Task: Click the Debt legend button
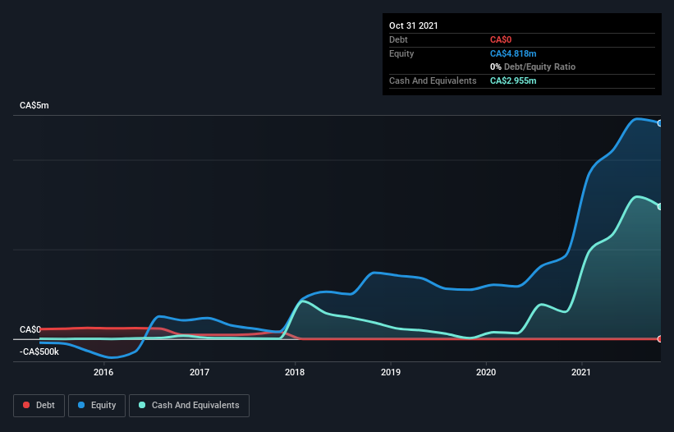39,405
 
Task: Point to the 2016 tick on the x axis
103,372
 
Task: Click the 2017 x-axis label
199,372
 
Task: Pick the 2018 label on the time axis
295,372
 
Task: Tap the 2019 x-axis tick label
391,372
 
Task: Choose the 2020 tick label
487,372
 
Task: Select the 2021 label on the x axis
582,372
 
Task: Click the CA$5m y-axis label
34,106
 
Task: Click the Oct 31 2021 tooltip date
414,25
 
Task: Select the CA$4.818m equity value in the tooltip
513,53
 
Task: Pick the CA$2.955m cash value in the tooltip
513,80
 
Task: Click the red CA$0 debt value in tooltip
502,39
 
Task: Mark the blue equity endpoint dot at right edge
660,123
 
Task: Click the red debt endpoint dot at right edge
660,338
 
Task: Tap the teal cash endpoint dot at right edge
660,206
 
